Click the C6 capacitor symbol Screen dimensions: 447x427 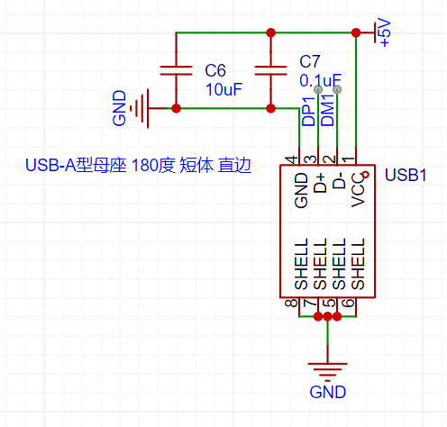pyautogui.click(x=176, y=70)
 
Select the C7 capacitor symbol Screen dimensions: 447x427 pyautogui.click(x=270, y=70)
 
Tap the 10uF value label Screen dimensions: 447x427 pyautogui.click(x=223, y=89)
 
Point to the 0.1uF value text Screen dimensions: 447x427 pyautogui.click(x=320, y=80)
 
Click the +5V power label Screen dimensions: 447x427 pyautogui.click(x=385, y=32)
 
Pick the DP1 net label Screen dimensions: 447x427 pyautogui.click(x=308, y=111)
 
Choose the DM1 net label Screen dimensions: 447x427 pyautogui.click(x=327, y=110)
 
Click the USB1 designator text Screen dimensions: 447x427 pyautogui.click(x=406, y=175)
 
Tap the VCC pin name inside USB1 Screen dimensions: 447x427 pyautogui.click(x=358, y=190)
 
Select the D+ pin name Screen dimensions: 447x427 pyautogui.click(x=320, y=183)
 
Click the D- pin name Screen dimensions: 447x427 pyautogui.click(x=339, y=180)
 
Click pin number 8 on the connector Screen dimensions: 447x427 pyautogui.click(x=291, y=303)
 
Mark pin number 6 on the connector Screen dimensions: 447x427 pyautogui.click(x=349, y=303)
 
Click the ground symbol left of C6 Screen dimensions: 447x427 pyautogui.click(x=140, y=108)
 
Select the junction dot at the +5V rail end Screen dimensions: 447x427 pyautogui.click(x=356, y=32)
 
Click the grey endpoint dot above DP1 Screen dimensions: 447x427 pyautogui.click(x=318, y=89)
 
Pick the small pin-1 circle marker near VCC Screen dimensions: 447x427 pyautogui.click(x=366, y=175)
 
